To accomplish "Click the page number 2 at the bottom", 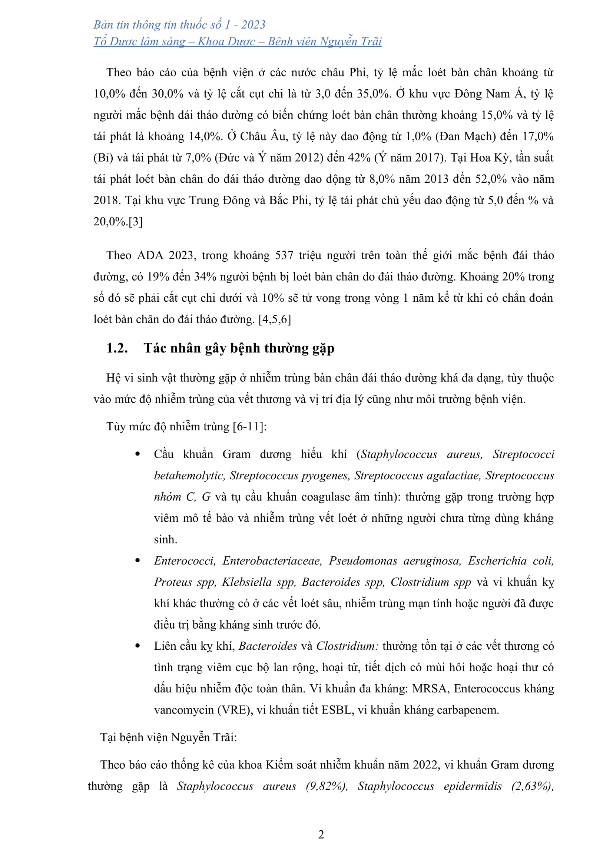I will click(321, 834).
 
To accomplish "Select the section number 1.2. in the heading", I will click(117, 348).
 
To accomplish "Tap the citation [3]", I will click(136, 222).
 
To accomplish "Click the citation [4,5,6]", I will click(274, 320).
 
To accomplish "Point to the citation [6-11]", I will click(249, 427).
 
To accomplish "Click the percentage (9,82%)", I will click(327, 786).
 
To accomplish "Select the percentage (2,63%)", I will click(533, 786).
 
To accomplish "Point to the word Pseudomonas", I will click(363, 561).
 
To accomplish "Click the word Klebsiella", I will click(247, 582).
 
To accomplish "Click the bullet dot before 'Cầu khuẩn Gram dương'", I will click(138, 454).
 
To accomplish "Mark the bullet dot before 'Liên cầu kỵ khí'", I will click(138, 646).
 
